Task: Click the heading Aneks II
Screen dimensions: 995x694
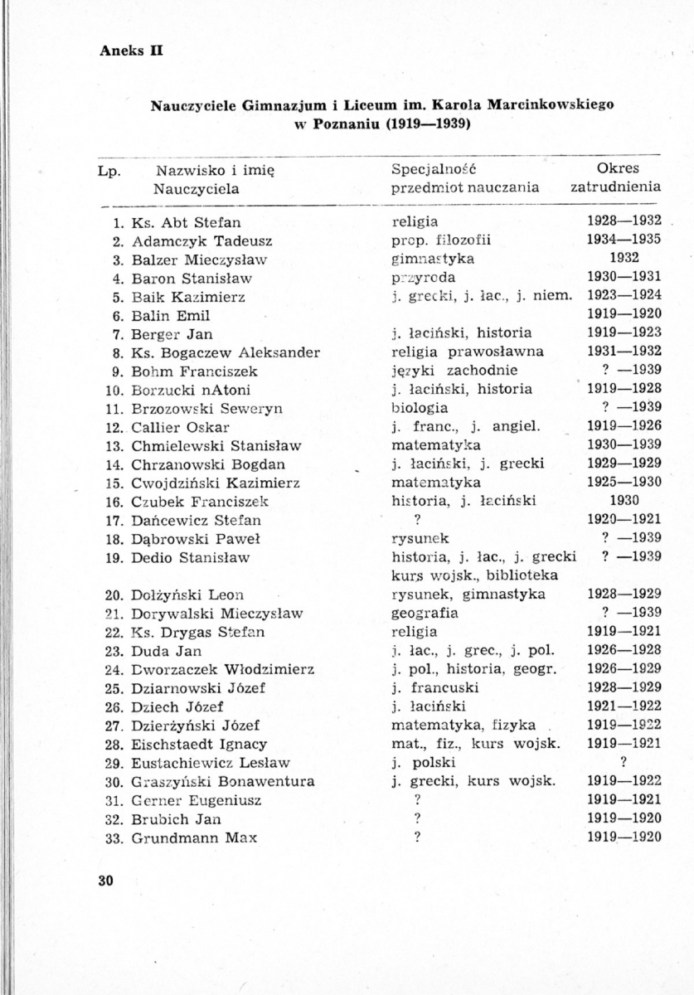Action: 130,49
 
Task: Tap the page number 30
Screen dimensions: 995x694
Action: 104,880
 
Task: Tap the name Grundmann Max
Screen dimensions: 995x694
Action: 194,837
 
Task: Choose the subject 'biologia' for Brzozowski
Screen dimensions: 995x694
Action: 420,408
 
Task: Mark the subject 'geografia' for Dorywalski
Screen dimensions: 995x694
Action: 425,614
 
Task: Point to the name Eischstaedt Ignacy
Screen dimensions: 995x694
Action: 199,744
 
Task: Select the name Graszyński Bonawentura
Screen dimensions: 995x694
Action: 223,781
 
